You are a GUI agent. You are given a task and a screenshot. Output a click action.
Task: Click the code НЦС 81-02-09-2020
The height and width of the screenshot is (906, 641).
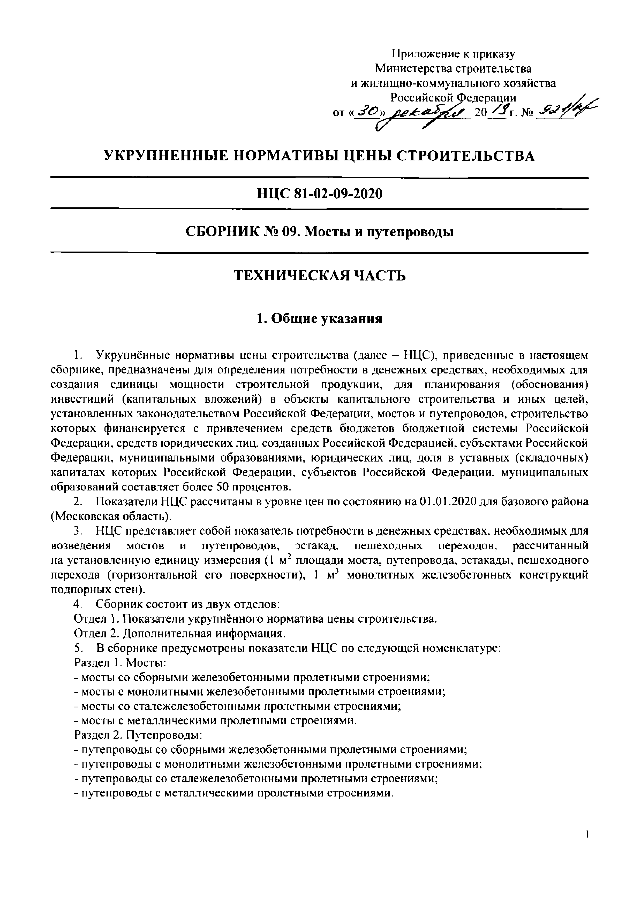(x=320, y=193)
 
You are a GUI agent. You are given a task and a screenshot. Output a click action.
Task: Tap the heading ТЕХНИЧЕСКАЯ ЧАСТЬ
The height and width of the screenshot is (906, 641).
(x=320, y=275)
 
